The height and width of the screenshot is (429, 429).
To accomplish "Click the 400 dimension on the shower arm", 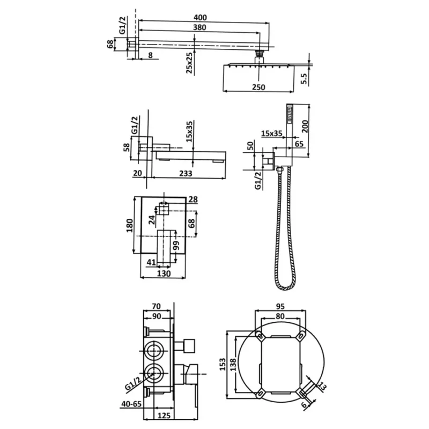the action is click(200, 18).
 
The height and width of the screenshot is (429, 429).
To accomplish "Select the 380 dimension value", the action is click(199, 27).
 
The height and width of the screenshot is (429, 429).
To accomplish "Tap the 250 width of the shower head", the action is click(258, 87).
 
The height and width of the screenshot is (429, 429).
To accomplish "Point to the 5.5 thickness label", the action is click(304, 78).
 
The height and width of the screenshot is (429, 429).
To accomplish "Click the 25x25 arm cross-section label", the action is click(189, 63).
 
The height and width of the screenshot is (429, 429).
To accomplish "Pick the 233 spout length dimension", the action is click(186, 173).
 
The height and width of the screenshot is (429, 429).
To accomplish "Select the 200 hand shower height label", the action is click(305, 126).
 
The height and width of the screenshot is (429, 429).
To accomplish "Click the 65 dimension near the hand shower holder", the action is click(299, 144).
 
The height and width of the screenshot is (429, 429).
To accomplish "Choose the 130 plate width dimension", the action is click(164, 273).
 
